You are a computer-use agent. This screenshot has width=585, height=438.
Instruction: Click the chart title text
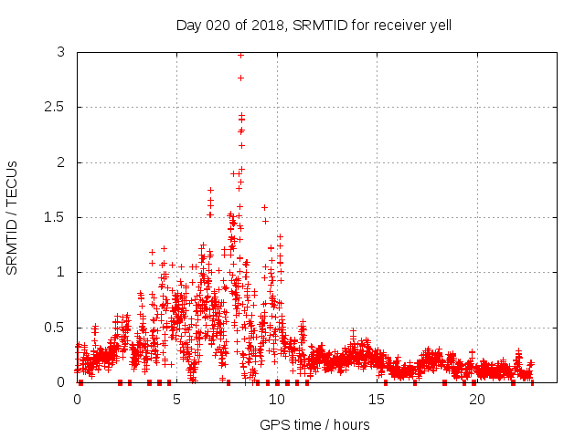314,25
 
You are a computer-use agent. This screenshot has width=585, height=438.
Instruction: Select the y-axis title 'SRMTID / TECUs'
12,217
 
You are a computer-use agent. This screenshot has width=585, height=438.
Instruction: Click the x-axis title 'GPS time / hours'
314,424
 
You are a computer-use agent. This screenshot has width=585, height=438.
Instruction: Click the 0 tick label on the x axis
77,400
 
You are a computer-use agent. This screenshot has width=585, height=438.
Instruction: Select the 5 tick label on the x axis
176,400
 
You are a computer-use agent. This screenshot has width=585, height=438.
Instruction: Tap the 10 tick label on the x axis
277,400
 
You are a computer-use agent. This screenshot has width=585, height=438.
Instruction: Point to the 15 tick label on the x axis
377,400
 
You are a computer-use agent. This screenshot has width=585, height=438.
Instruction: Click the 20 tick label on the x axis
476,400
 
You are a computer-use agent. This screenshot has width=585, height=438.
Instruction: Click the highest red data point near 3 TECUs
240,55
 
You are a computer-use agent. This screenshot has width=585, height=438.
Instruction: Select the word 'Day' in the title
188,25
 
